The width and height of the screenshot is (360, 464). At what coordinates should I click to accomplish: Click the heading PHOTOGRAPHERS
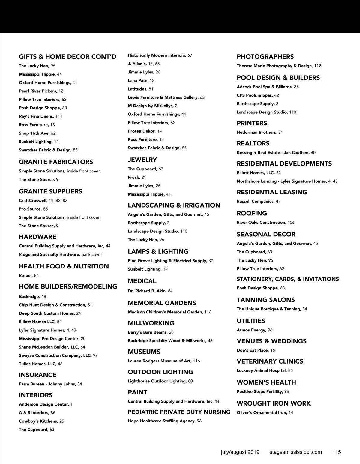265,57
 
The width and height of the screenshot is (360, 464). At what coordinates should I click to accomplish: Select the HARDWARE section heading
37,237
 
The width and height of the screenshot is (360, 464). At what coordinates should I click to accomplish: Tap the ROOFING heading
252,213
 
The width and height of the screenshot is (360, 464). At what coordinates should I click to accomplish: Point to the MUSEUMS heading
144,352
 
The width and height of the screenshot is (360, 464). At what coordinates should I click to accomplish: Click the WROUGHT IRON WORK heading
274,403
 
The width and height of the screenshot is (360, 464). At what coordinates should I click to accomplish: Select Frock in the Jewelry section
134,178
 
